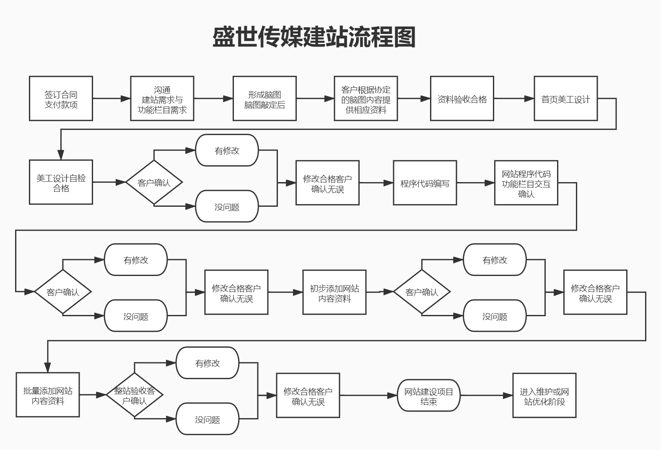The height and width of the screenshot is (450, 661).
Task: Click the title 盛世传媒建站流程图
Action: tap(314, 37)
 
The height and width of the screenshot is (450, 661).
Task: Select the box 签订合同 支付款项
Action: tap(61, 99)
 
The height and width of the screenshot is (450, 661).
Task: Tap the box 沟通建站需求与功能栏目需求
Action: tap(162, 99)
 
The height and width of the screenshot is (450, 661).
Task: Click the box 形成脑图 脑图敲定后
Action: tap(264, 99)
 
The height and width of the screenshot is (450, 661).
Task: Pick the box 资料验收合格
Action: tap(462, 99)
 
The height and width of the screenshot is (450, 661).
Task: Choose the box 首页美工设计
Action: tap(565, 99)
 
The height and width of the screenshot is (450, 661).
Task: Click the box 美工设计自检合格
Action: tap(61, 182)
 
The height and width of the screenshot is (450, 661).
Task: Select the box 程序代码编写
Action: tap(425, 183)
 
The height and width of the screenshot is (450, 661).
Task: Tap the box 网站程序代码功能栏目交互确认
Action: tap(526, 183)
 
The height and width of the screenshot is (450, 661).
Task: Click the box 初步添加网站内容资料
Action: tap(334, 292)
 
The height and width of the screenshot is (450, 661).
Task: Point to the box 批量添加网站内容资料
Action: tap(48, 395)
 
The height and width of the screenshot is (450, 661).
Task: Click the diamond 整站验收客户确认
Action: tap(134, 395)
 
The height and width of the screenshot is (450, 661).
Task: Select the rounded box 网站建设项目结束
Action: tap(428, 395)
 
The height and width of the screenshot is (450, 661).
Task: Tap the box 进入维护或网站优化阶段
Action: tap(544, 395)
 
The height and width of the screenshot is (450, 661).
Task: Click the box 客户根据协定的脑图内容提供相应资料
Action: tap(365, 99)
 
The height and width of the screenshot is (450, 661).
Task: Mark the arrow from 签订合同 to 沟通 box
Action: tap(111, 99)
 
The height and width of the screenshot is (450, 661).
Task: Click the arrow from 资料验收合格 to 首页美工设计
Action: tap(513, 99)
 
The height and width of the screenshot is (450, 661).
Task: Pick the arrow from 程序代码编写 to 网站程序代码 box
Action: tap(475, 183)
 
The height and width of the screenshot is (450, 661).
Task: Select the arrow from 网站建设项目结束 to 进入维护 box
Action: tap(486, 395)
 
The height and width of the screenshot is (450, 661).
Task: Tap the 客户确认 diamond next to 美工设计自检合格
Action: tap(154, 182)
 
